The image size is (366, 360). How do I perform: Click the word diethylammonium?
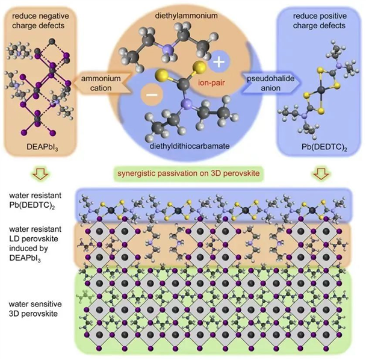186,16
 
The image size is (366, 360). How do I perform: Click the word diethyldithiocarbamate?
190,146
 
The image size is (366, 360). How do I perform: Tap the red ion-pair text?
211,82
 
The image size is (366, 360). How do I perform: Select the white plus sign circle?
219,61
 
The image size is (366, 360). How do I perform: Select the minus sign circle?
152,95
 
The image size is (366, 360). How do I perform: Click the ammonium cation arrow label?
101,83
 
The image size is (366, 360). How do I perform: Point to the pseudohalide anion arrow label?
271,83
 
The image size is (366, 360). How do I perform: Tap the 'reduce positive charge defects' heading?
320,20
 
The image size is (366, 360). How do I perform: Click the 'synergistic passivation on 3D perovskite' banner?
188,173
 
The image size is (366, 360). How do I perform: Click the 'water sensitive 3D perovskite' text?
36,309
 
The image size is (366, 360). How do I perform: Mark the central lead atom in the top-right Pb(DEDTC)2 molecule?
322,90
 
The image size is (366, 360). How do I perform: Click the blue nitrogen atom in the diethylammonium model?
167,49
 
